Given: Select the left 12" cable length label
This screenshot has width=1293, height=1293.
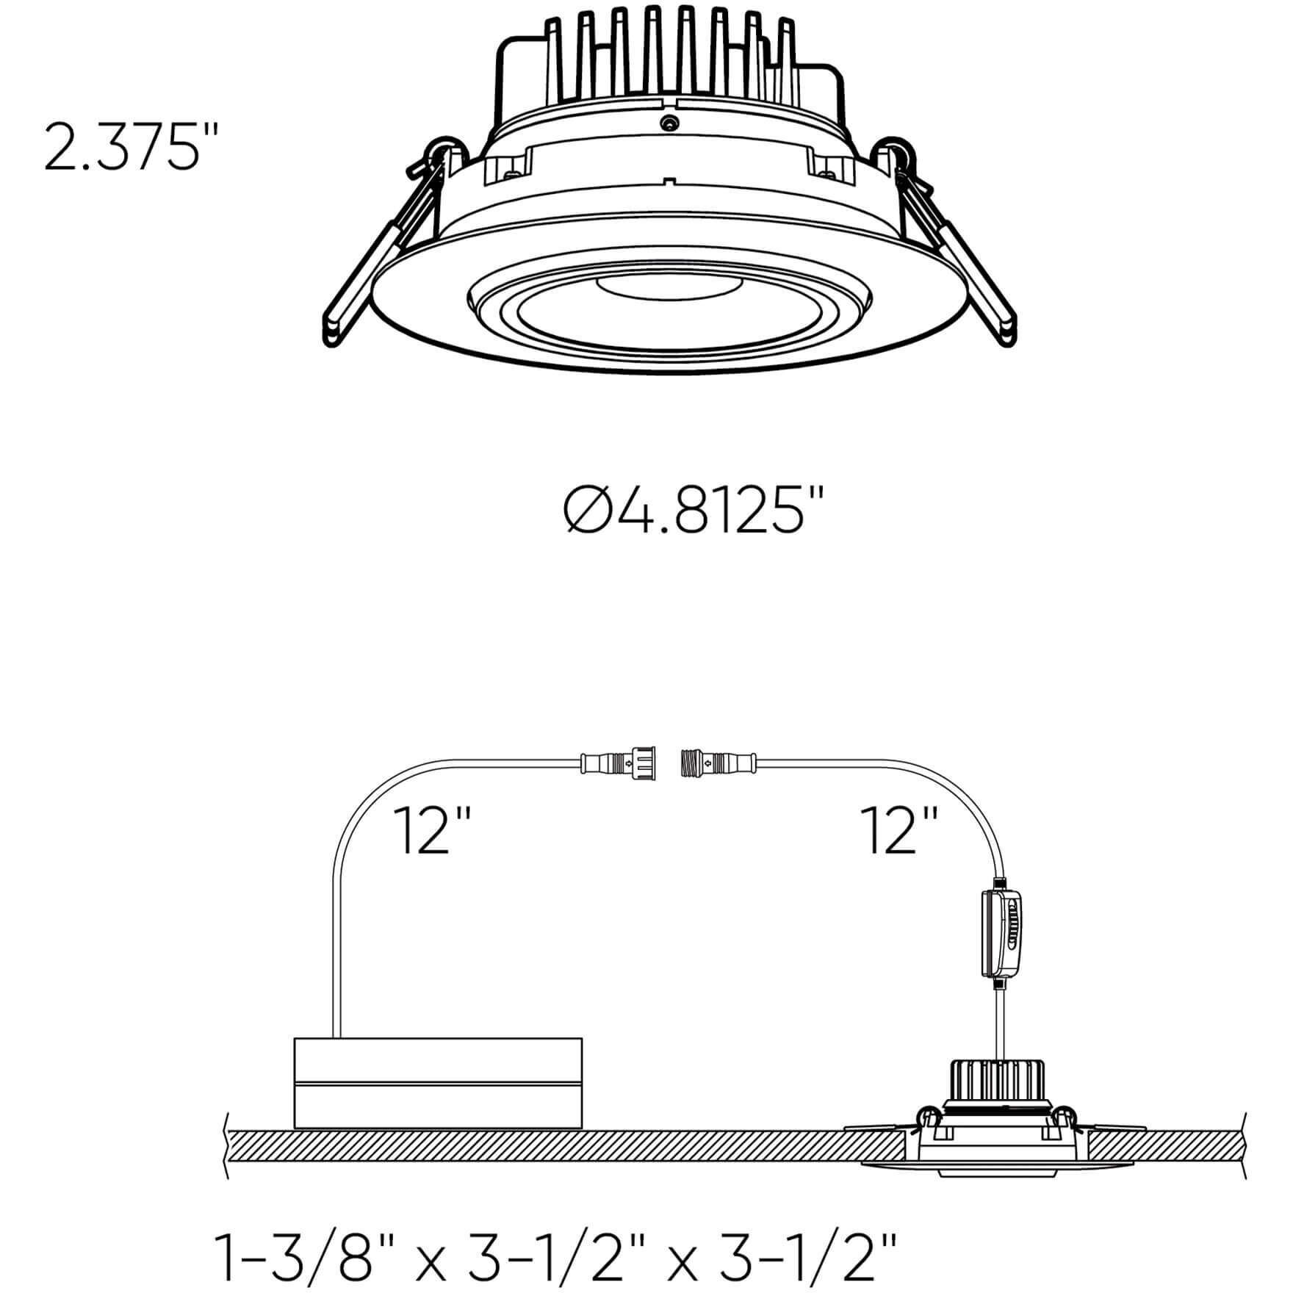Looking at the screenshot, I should (x=431, y=832).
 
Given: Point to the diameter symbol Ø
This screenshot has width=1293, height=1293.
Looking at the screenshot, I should (x=588, y=512).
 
